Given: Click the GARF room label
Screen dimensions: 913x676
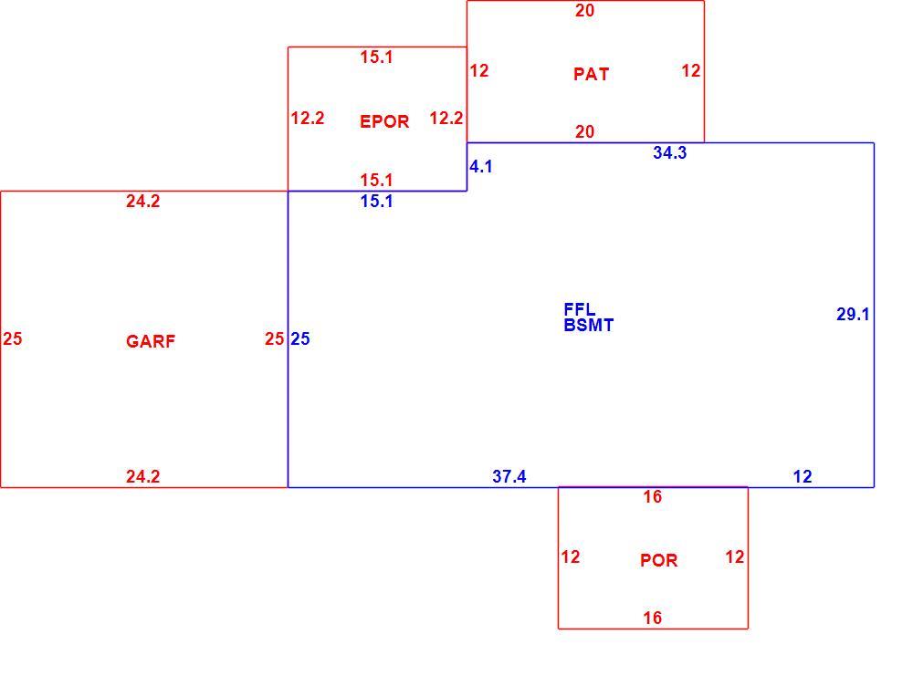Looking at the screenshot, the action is (x=151, y=341).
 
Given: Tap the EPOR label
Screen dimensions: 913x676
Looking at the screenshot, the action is (x=384, y=121).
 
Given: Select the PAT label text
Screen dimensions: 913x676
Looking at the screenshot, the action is (x=591, y=74).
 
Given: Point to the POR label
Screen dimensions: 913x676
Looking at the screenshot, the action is (x=658, y=560).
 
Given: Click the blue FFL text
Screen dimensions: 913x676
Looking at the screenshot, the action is (x=580, y=309).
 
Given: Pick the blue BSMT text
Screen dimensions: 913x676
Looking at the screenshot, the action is (x=588, y=325).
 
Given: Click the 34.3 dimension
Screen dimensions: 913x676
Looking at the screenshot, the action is (x=669, y=152).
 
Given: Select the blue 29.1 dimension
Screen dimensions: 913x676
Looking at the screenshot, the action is (x=853, y=314).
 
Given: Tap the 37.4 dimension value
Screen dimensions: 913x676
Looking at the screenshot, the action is (x=509, y=476).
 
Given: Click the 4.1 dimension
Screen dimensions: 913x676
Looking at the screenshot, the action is (x=481, y=166).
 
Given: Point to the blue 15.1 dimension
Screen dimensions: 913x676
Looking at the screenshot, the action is (x=376, y=202).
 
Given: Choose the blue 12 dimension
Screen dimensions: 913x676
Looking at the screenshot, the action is (x=803, y=476).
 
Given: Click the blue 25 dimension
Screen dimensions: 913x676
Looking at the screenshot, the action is (x=299, y=338).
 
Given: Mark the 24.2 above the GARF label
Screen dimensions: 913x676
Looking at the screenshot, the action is (x=142, y=202).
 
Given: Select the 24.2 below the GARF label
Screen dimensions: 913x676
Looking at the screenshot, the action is (x=142, y=476).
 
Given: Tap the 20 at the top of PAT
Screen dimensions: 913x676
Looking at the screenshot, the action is (x=584, y=10).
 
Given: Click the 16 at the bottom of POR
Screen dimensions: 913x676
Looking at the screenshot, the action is (x=652, y=618).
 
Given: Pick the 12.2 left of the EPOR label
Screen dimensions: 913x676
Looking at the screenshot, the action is (x=308, y=118).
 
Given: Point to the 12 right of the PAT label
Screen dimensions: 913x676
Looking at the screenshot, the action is (x=690, y=71).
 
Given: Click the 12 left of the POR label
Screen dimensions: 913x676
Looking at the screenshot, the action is (x=570, y=557).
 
